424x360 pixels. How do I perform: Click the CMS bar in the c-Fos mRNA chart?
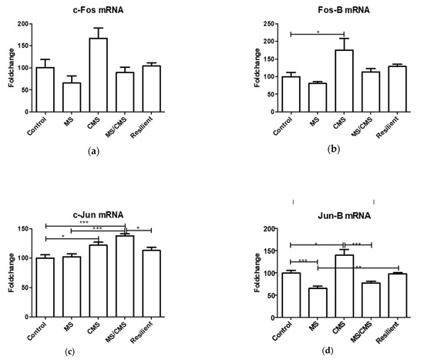(99, 75)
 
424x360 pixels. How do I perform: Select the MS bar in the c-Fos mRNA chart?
(72, 97)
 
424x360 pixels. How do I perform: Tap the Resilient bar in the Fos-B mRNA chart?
(398, 89)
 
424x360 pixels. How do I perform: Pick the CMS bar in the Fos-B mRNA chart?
(345, 81)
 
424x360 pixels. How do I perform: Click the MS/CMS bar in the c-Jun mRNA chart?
(125, 276)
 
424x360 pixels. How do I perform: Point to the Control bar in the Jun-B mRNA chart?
(291, 295)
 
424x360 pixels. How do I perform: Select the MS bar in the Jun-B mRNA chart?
(318, 303)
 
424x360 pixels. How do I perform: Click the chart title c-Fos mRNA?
(98, 10)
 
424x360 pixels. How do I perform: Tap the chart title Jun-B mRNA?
(344, 216)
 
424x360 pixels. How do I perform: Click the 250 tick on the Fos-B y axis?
(269, 24)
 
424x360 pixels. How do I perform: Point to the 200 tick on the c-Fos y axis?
(23, 24)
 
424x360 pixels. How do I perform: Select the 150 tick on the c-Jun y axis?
(23, 229)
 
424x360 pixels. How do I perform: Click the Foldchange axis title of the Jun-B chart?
(257, 273)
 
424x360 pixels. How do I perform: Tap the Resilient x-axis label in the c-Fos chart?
(141, 127)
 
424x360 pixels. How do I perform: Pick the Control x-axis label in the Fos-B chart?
(283, 126)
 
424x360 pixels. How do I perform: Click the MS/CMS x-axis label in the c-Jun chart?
(116, 332)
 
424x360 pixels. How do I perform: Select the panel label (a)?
(94, 151)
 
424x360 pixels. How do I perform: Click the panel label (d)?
(328, 352)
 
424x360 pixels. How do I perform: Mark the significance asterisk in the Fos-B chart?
(318, 32)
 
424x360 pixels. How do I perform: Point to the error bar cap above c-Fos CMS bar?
(99, 28)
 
